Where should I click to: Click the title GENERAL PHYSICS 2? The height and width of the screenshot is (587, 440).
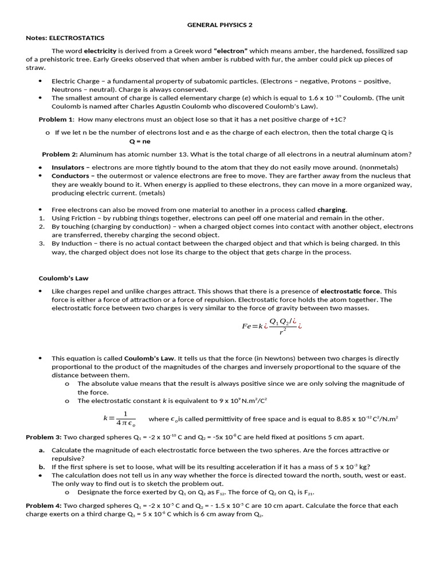[x=220, y=25]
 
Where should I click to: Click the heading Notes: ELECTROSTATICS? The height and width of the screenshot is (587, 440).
[x=65, y=38]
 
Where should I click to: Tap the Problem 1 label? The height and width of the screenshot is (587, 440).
[x=56, y=119]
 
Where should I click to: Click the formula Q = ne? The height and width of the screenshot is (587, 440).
[x=139, y=141]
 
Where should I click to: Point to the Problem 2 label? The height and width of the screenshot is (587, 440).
[x=60, y=154]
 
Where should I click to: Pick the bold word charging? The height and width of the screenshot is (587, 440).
[x=332, y=209]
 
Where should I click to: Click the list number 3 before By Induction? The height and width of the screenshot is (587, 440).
[x=42, y=243]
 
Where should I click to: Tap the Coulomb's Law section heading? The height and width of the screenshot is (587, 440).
[x=64, y=278]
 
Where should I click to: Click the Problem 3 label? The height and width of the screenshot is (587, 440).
[x=44, y=437]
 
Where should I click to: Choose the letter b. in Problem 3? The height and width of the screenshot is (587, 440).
[x=42, y=467]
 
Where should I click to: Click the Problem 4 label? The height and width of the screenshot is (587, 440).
[x=44, y=506]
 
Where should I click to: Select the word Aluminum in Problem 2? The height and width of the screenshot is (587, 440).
[x=95, y=154]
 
